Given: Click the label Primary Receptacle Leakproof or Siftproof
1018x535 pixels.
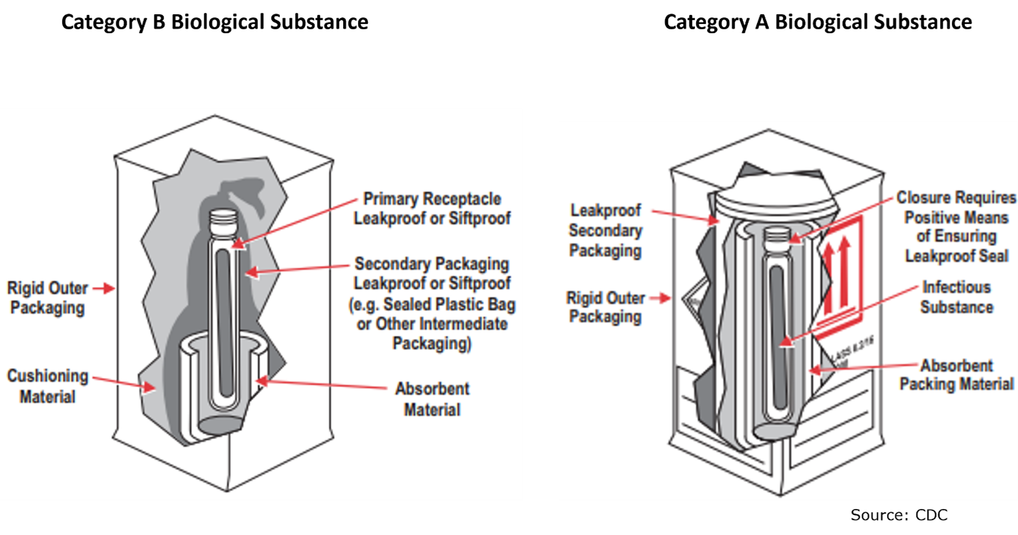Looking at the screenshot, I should pyautogui.click(x=432, y=208).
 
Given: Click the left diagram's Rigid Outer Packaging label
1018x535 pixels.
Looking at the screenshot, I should pyautogui.click(x=47, y=298).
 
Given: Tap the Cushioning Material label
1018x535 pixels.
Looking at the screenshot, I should pyautogui.click(x=47, y=386).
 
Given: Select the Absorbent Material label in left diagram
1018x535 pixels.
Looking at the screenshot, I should pyautogui.click(x=432, y=399).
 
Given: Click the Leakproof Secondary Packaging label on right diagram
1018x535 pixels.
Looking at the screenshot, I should pyautogui.click(x=605, y=230).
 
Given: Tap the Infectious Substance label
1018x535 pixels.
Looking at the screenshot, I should pyautogui.click(x=956, y=297).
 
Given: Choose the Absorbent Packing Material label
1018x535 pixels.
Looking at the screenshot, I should pyautogui.click(x=956, y=375).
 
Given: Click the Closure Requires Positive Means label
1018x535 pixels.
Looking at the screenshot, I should pyautogui.click(x=956, y=227).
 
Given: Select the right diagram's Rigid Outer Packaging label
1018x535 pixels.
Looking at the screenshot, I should pyautogui.click(x=605, y=307).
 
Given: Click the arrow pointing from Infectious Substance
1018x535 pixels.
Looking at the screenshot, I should pyautogui.click(x=850, y=314).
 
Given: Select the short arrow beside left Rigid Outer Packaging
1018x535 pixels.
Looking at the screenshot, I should pyautogui.click(x=103, y=288).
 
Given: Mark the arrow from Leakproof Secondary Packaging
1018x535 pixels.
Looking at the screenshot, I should pyautogui.click(x=685, y=216).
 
